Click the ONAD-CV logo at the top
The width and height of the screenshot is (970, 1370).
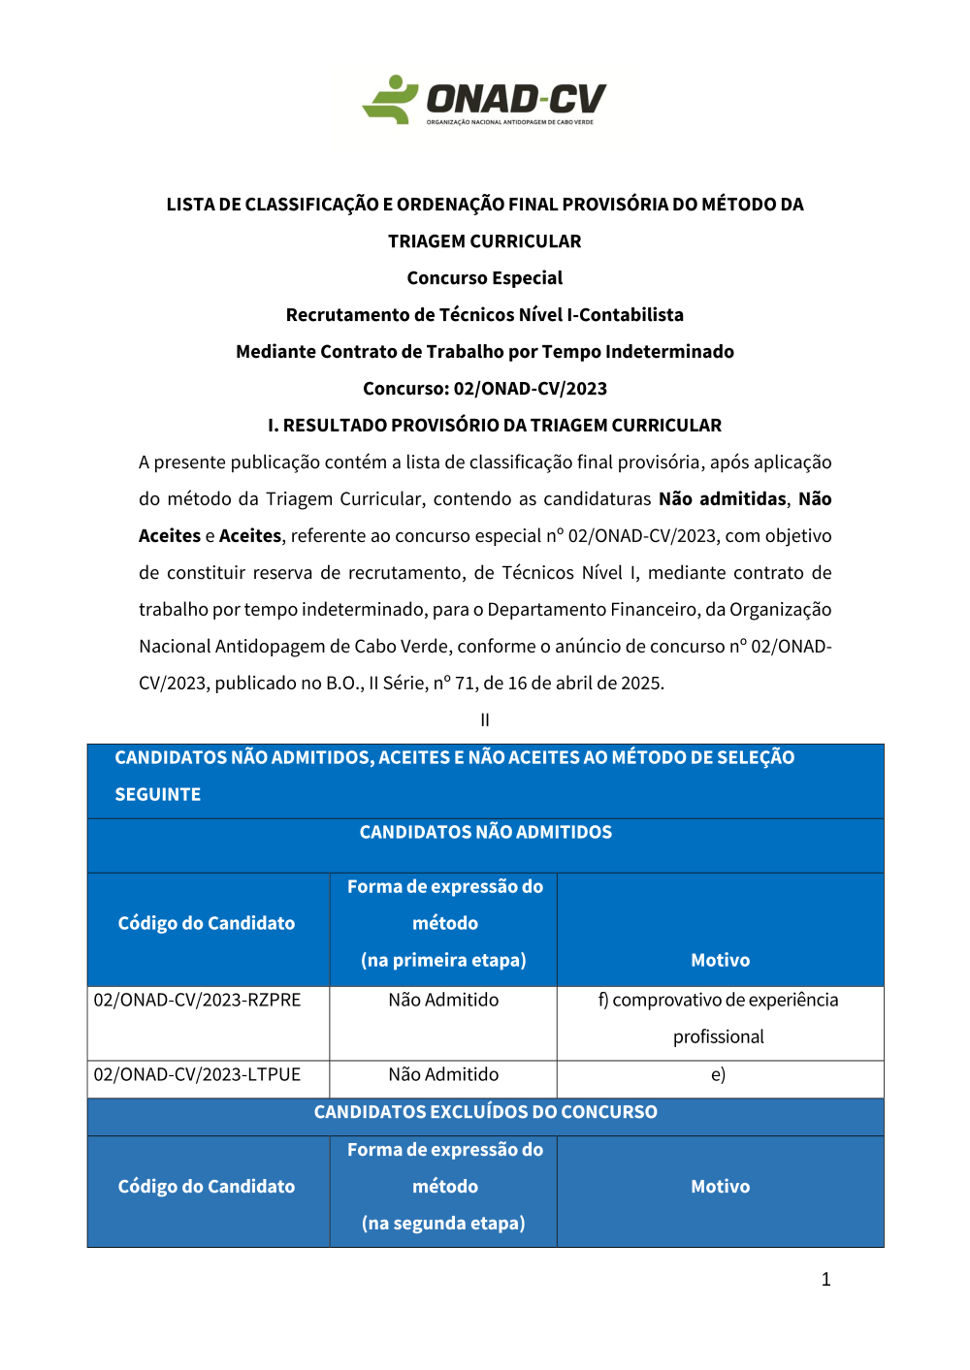coord(485,101)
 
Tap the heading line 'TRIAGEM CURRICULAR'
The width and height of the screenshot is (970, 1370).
coord(485,241)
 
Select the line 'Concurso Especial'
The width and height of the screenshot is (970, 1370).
coord(485,278)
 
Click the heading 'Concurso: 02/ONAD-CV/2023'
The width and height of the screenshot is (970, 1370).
coord(485,389)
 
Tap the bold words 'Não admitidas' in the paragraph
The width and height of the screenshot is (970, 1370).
coord(722,499)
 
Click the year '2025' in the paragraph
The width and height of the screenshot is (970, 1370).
coord(641,684)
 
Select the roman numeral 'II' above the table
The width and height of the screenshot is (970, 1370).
coord(485,720)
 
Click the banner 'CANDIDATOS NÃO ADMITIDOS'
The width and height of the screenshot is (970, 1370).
coord(485,833)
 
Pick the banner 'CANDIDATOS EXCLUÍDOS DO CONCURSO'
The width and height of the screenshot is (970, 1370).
coord(485,1112)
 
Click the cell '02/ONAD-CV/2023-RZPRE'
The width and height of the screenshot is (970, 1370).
coord(197,1001)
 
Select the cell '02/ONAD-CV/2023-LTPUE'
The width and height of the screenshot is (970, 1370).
coord(197,1075)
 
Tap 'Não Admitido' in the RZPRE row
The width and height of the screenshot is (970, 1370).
coord(443,1001)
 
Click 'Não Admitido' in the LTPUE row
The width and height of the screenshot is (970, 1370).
coord(443,1075)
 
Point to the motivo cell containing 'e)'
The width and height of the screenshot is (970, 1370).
coord(718,1075)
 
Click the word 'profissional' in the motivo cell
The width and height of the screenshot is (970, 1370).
coord(719,1037)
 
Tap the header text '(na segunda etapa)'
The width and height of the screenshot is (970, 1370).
coord(443,1224)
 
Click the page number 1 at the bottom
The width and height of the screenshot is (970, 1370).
coord(825,1280)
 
